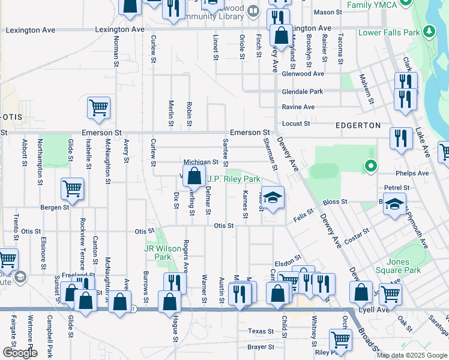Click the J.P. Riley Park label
[234, 179]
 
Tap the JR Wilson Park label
[158, 253]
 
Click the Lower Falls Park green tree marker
[429, 31]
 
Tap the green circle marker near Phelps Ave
[371, 166]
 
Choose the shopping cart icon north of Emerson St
[98, 109]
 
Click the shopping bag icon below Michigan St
[194, 178]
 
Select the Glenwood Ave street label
[303, 74]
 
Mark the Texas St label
[261, 331]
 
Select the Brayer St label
[261, 347]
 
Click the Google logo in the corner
[19, 353]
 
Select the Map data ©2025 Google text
[411, 355]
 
